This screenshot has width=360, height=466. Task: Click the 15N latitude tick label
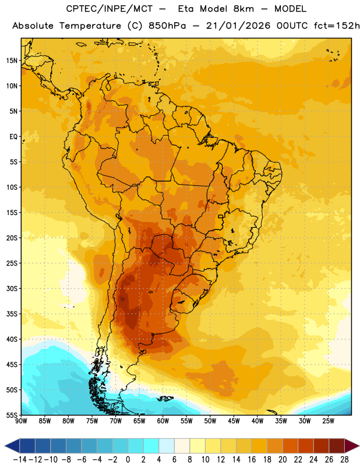[12, 61]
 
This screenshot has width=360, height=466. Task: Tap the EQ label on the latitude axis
[13, 137]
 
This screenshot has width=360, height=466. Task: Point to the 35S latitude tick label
[12, 314]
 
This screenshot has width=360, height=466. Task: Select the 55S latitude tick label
[12, 415]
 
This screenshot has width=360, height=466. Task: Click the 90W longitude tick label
[21, 421]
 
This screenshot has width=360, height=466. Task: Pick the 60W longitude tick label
[163, 421]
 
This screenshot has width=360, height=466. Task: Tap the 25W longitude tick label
[328, 421]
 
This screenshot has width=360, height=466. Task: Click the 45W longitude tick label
[234, 421]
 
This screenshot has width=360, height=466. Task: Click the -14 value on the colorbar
[20, 460]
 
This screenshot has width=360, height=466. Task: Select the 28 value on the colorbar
[344, 460]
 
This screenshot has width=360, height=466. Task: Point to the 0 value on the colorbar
[128, 460]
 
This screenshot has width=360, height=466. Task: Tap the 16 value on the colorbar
[252, 460]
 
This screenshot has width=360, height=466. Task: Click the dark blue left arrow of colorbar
[12, 446]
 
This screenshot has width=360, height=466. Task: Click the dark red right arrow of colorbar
[352, 446]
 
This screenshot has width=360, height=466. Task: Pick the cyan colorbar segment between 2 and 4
[151, 446]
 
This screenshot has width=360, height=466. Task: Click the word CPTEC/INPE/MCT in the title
[110, 9]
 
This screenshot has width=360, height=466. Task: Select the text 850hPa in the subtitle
[167, 26]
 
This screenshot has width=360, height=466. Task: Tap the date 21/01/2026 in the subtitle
[238, 26]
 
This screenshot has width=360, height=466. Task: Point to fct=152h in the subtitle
[337, 26]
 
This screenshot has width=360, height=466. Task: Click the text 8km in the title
[243, 9]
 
